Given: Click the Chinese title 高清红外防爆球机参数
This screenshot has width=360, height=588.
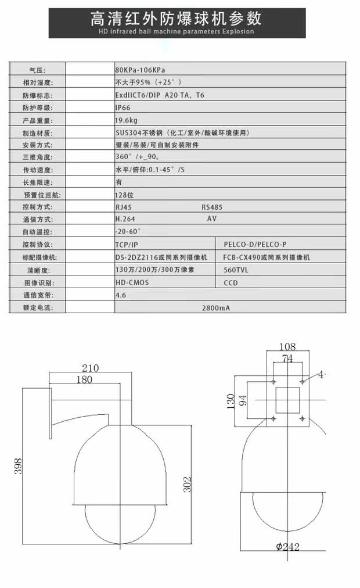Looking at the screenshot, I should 176,18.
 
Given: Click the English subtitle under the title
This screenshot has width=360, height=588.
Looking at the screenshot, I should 176,31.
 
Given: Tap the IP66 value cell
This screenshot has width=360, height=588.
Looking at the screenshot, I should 123,107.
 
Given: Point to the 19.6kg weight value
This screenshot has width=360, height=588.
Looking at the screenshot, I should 126,120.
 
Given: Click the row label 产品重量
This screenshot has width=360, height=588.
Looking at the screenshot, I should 37,120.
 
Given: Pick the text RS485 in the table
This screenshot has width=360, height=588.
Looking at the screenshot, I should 212,207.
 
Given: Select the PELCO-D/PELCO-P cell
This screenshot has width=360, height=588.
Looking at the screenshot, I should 255,245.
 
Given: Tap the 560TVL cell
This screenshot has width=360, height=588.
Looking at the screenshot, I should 236,270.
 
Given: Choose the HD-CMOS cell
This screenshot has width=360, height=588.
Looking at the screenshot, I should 132,282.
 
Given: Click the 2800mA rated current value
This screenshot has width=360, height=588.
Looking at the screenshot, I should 215,308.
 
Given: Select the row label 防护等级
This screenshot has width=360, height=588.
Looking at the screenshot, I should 37,107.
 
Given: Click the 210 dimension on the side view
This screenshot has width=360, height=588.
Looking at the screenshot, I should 90,367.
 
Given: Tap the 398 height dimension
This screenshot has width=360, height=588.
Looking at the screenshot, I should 18,465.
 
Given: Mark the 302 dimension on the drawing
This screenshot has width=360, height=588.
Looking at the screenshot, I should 187,485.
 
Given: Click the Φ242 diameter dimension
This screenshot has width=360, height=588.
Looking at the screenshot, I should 287,546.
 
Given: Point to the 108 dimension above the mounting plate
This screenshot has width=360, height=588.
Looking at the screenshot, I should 287,347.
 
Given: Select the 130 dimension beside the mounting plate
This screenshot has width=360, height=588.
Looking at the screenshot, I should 231,400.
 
